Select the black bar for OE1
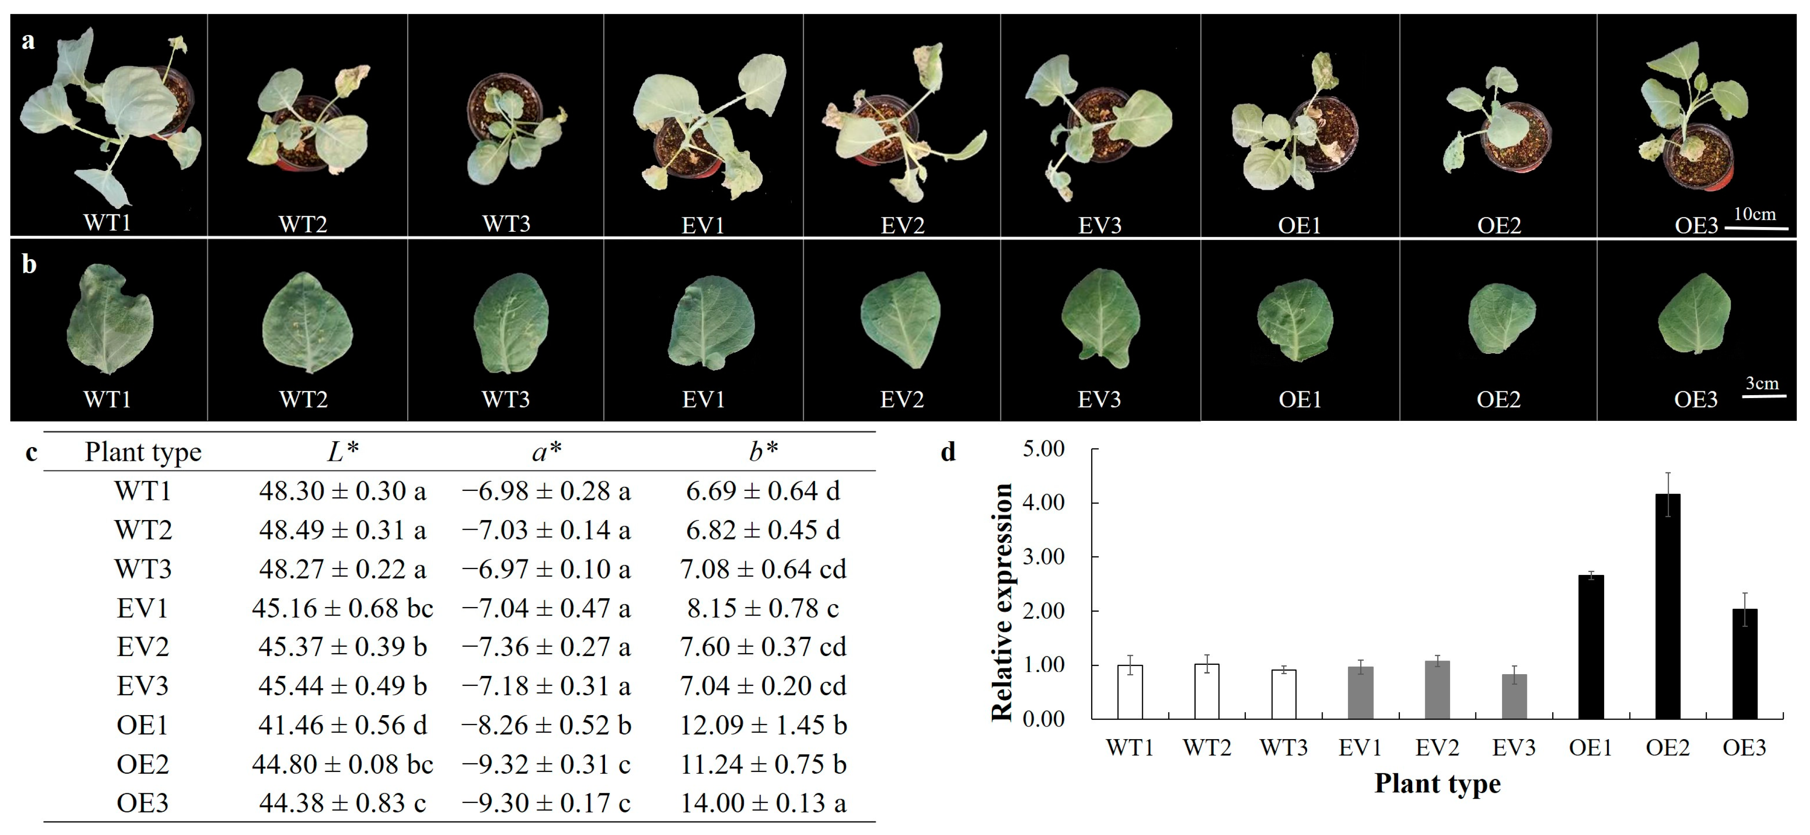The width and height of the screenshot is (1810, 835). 1591,647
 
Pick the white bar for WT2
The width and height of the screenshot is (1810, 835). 1206,691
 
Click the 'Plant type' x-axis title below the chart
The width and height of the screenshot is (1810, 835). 1437,783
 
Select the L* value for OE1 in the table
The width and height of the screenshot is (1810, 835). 342,725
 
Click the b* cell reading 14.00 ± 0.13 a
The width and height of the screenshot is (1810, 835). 763,802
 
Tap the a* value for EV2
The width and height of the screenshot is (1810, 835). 546,647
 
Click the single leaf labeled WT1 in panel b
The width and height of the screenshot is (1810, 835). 109,320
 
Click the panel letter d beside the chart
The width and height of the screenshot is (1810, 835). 948,452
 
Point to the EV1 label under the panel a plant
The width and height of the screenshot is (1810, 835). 702,225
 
